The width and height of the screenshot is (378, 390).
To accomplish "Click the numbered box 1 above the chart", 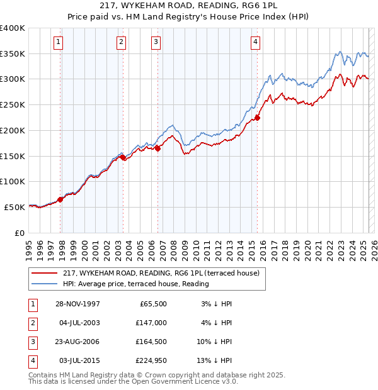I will (57, 42).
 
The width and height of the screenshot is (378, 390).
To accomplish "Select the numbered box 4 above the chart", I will (255, 42).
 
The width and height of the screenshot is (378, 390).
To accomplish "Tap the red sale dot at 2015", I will (257, 117).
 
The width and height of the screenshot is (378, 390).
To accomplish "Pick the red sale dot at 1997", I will (60, 199).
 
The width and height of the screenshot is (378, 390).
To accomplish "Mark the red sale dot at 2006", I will (158, 148).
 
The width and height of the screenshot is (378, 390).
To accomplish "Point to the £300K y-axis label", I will (13, 79).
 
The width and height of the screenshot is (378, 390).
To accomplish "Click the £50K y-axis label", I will (15, 207).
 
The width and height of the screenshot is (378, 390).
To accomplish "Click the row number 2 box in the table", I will (32, 323).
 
